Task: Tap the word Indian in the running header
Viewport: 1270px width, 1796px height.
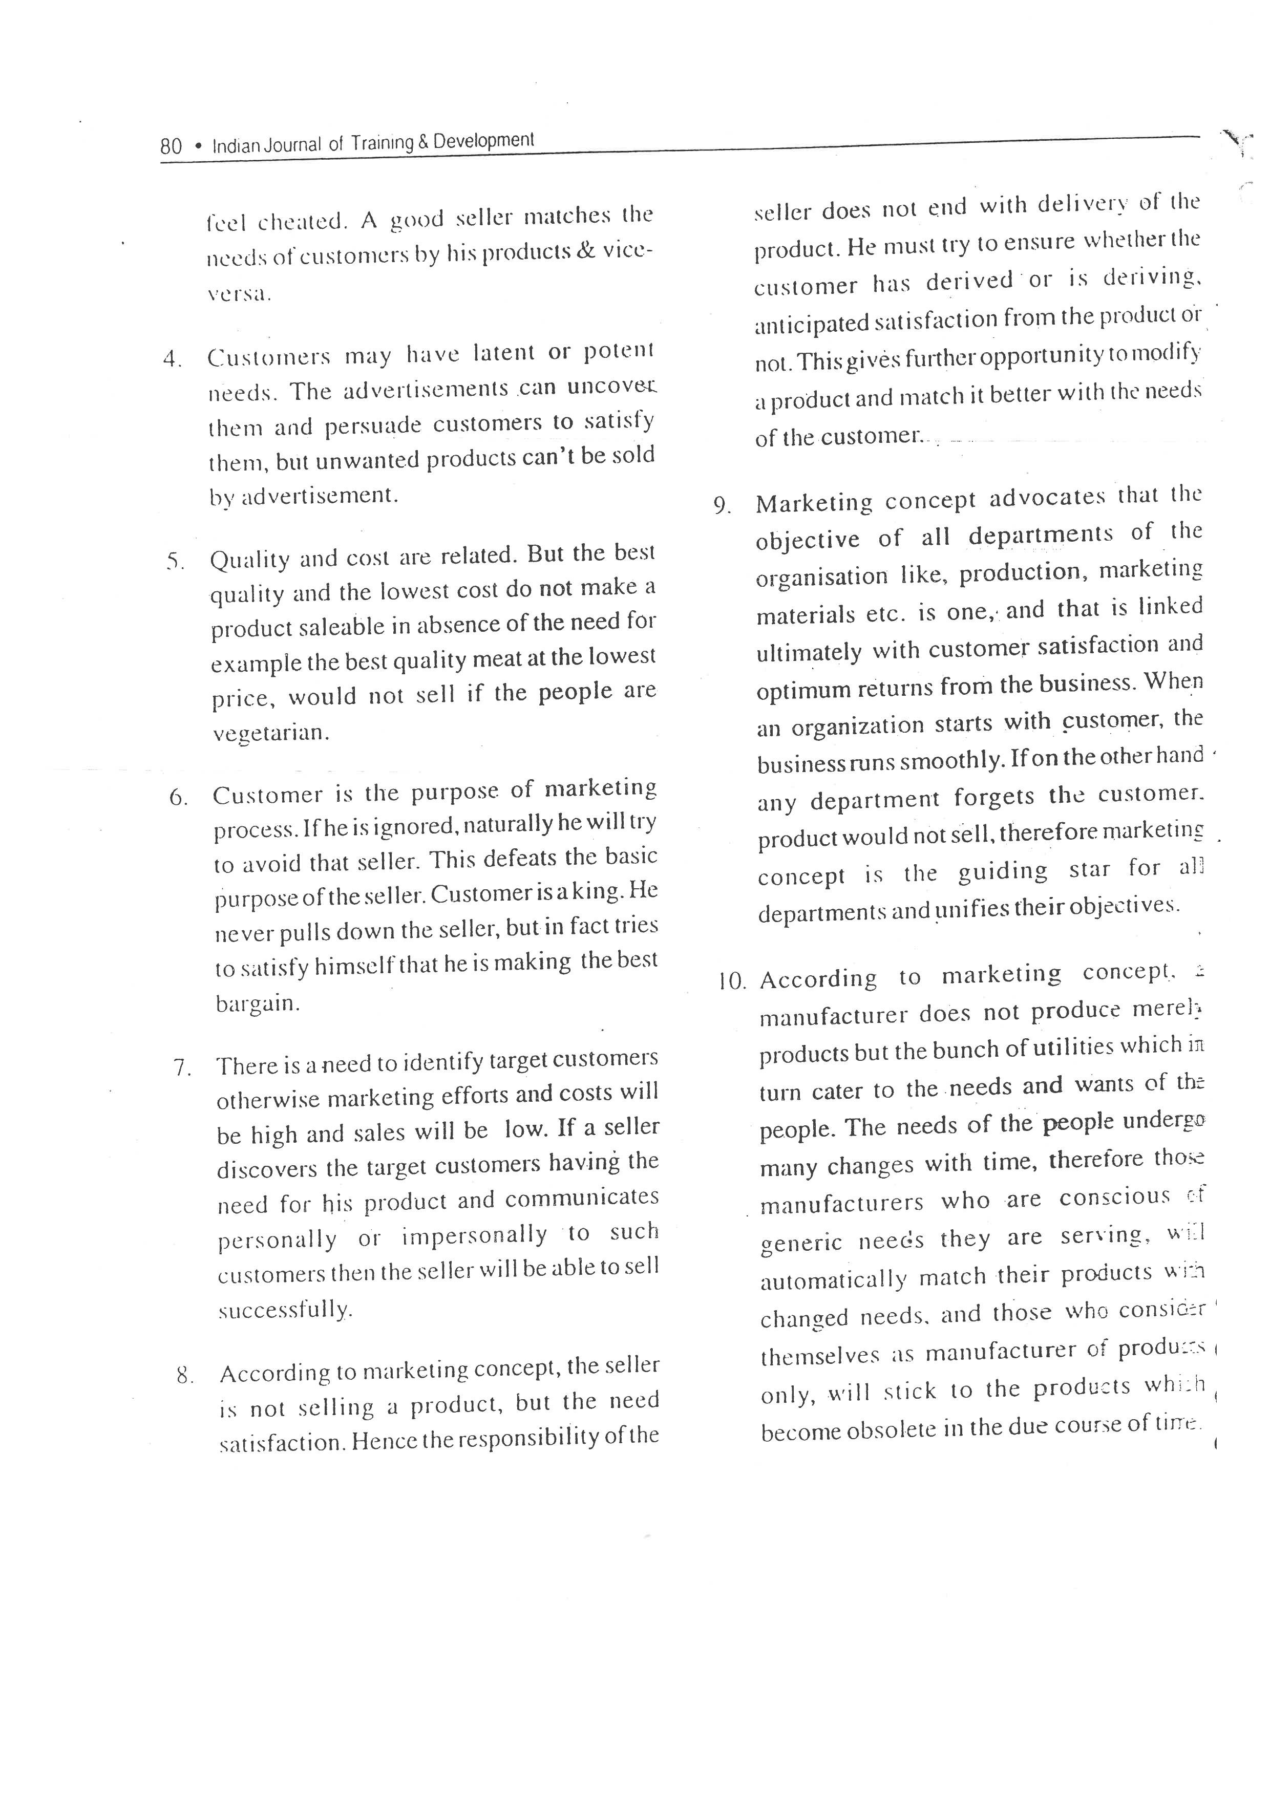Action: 231,145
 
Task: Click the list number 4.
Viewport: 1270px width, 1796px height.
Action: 172,360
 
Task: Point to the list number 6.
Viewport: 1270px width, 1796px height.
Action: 178,798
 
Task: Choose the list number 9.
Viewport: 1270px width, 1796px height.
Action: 722,506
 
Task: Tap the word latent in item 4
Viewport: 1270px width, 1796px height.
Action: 503,354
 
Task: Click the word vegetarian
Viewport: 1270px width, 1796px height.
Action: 270,733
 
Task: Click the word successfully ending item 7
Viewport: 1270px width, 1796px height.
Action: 285,1310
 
